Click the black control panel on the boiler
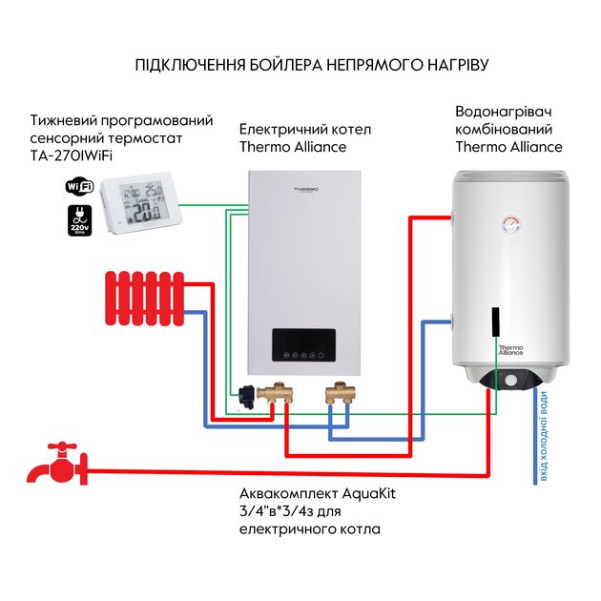303,346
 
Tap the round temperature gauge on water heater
508,226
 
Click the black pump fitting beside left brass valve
251,392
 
